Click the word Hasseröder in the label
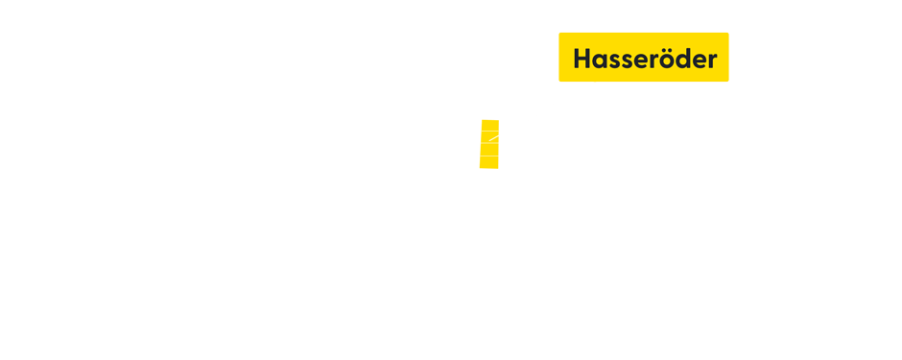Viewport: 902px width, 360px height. coord(644,59)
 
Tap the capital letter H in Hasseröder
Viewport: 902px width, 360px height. coord(582,59)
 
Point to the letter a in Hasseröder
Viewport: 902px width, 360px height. coord(600,60)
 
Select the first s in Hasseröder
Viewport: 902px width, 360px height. coord(614,60)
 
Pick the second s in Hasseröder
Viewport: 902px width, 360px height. coord(627,60)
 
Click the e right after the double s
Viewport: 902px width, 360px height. coord(640,60)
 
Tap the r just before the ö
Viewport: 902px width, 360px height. coord(653,60)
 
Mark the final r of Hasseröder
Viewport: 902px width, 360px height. coord(710,60)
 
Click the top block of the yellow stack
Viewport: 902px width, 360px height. coord(489,125)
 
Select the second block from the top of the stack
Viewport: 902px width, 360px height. coord(489,136)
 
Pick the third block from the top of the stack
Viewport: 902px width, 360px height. coord(489,150)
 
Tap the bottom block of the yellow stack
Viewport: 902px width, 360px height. coord(488,163)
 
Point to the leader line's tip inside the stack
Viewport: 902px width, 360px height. coord(489,141)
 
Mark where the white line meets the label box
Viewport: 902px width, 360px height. coord(595,83)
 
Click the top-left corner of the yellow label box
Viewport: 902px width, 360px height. coord(559,33)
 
